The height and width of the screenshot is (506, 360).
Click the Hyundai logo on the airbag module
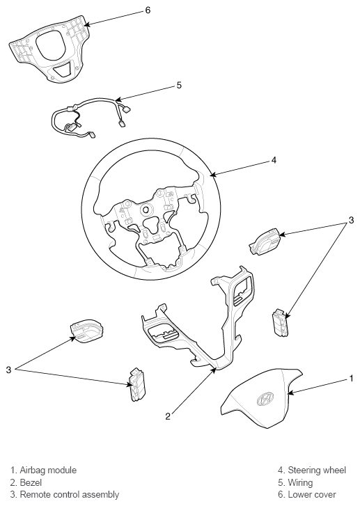[x=265, y=399]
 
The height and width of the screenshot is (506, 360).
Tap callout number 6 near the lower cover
[x=148, y=10]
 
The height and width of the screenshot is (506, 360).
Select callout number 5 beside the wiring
[x=179, y=85]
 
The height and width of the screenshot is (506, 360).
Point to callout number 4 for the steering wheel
[x=274, y=160]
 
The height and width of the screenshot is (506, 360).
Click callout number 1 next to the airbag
[x=351, y=378]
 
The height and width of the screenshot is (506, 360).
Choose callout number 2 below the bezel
[x=168, y=416]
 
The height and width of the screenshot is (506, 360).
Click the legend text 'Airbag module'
[x=48, y=470]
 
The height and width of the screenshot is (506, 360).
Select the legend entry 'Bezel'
[x=31, y=482]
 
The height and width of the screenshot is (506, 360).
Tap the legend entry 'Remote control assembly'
[x=70, y=494]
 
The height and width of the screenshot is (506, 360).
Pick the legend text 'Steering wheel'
[x=317, y=470]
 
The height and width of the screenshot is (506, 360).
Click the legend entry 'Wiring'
[x=300, y=482]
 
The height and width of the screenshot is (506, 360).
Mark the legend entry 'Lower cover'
[x=311, y=494]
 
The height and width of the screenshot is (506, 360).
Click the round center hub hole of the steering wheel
[x=146, y=209]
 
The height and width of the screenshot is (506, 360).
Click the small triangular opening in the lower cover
[x=63, y=70]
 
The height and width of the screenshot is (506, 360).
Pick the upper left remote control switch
[x=86, y=331]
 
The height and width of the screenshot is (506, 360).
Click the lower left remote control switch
[x=137, y=384]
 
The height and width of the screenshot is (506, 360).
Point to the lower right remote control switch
[x=280, y=323]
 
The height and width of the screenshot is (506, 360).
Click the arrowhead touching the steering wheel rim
[x=212, y=175]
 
